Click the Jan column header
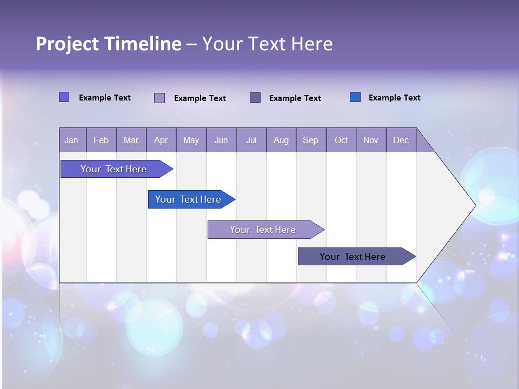pos(71,140)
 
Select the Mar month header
pos(131,140)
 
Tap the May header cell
pos(191,140)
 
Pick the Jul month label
pos(251,140)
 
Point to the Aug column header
pos(281,140)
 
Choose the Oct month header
pos(341,140)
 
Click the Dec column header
pos(401,140)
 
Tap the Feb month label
pos(101,140)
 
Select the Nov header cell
pos(370,140)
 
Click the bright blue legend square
pos(355,97)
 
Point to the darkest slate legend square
pos(255,97)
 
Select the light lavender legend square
pos(159,98)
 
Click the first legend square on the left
pos(64,97)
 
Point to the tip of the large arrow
pos(474,205)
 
